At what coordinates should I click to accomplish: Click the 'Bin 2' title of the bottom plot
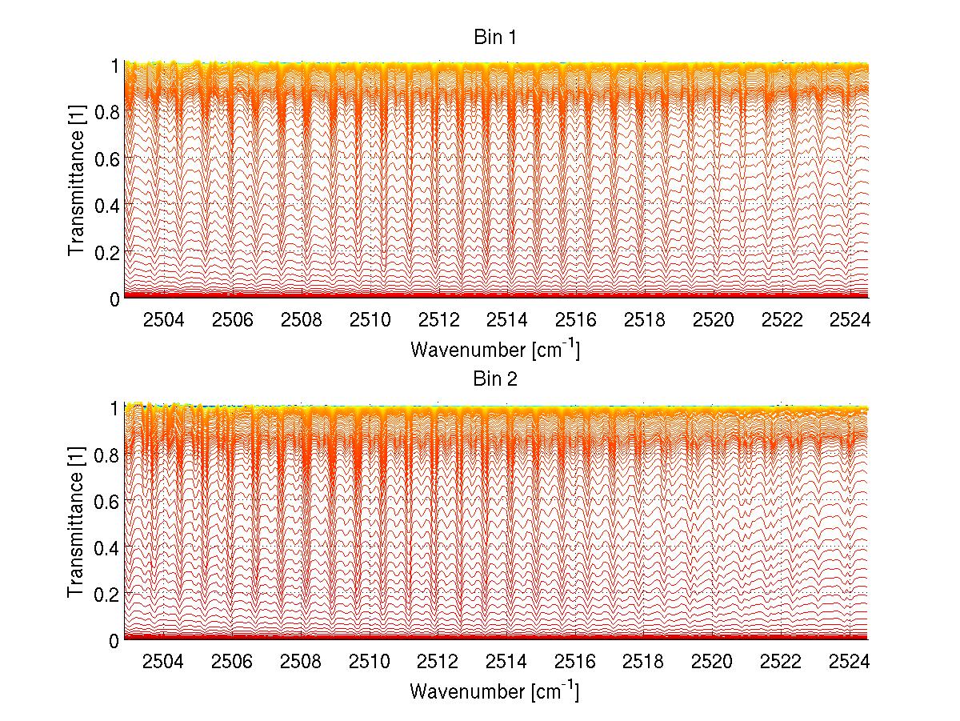495,379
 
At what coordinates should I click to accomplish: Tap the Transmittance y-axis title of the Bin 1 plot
77,182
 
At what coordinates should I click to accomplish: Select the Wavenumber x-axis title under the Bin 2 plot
495,691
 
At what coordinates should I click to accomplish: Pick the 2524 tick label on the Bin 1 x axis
850,321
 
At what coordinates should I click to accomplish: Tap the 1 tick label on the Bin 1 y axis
115,66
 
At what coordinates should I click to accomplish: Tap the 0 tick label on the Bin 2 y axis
115,640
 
